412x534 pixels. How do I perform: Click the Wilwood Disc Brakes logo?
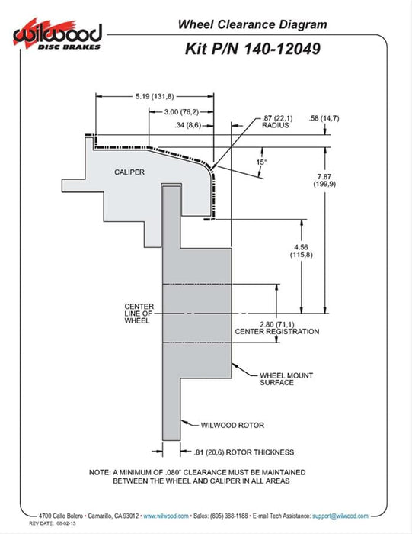tap(57, 34)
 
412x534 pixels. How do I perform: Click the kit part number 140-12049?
tap(282, 49)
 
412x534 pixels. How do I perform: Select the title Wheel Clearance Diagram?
tap(253, 24)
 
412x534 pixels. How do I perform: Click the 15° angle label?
tap(261, 162)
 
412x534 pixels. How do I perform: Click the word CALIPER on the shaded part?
tap(129, 172)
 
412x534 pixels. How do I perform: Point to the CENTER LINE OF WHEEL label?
tap(139, 314)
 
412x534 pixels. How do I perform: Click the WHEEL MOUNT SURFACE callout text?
tap(286, 379)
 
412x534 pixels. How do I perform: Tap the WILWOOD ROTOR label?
tap(232, 425)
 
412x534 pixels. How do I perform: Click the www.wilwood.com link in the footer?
tap(166, 516)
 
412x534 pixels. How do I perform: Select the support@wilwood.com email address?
tap(340, 516)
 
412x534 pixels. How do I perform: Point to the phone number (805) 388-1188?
tap(229, 516)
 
